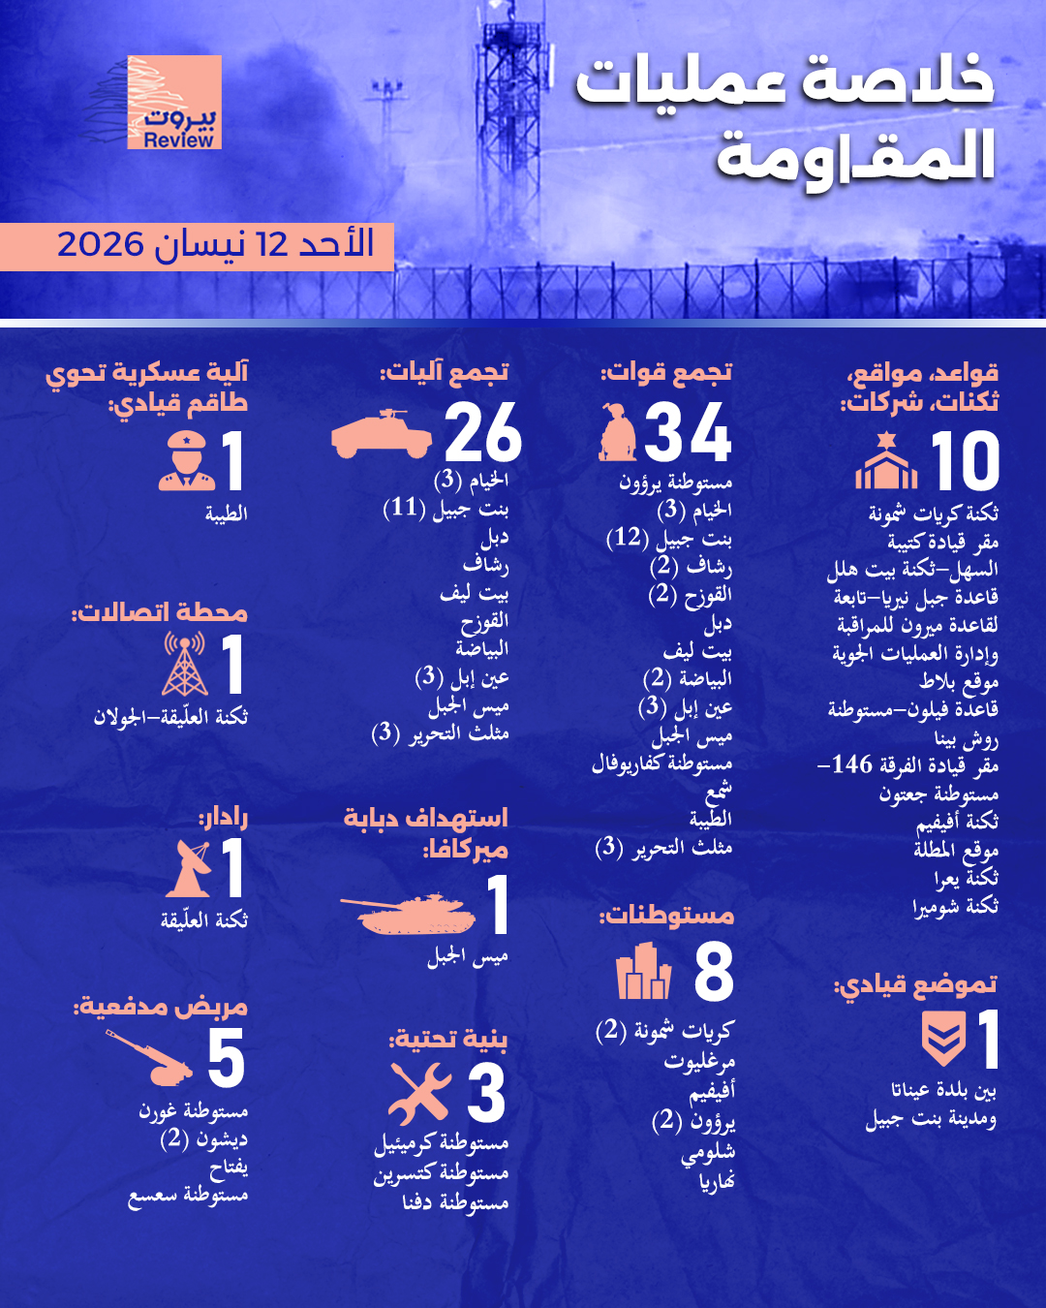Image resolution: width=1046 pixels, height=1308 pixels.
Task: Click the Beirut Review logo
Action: (x=174, y=103)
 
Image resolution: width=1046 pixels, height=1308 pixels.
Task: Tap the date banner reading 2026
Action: (x=215, y=245)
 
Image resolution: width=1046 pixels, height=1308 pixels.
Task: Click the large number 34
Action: (x=688, y=433)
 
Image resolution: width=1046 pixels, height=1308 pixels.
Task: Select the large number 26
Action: (x=483, y=433)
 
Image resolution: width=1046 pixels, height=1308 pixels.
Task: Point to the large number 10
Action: (x=965, y=462)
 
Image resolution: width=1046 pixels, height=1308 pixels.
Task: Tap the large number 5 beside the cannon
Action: (x=227, y=1059)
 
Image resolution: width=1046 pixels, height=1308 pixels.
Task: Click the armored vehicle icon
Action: (x=381, y=434)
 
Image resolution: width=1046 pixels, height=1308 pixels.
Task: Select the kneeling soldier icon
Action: (x=617, y=433)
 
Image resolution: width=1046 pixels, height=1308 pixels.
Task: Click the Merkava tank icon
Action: (x=408, y=913)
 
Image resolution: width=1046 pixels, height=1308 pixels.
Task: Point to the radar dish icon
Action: (x=191, y=868)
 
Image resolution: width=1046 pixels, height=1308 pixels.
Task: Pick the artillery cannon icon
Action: (x=151, y=1057)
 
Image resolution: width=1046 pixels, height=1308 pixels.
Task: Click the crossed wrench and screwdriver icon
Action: (x=419, y=1094)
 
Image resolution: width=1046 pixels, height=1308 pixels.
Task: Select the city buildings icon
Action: (x=643, y=972)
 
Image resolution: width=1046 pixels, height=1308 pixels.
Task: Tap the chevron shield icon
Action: (x=942, y=1039)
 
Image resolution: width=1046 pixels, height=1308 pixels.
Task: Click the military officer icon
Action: (x=186, y=461)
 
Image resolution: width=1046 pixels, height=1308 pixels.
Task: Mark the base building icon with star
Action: (x=886, y=462)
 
